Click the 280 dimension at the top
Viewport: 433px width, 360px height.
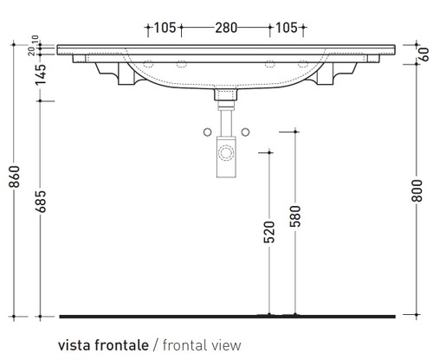pyautogui.click(x=226, y=28)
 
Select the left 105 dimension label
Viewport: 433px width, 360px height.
pyautogui.click(x=165, y=28)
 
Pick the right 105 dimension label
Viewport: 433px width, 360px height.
pyautogui.click(x=287, y=28)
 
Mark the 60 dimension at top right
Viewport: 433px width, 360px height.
pyautogui.click(x=423, y=54)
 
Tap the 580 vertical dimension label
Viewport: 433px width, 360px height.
pyautogui.click(x=295, y=217)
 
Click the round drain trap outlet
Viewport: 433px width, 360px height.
pyautogui.click(x=226, y=156)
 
